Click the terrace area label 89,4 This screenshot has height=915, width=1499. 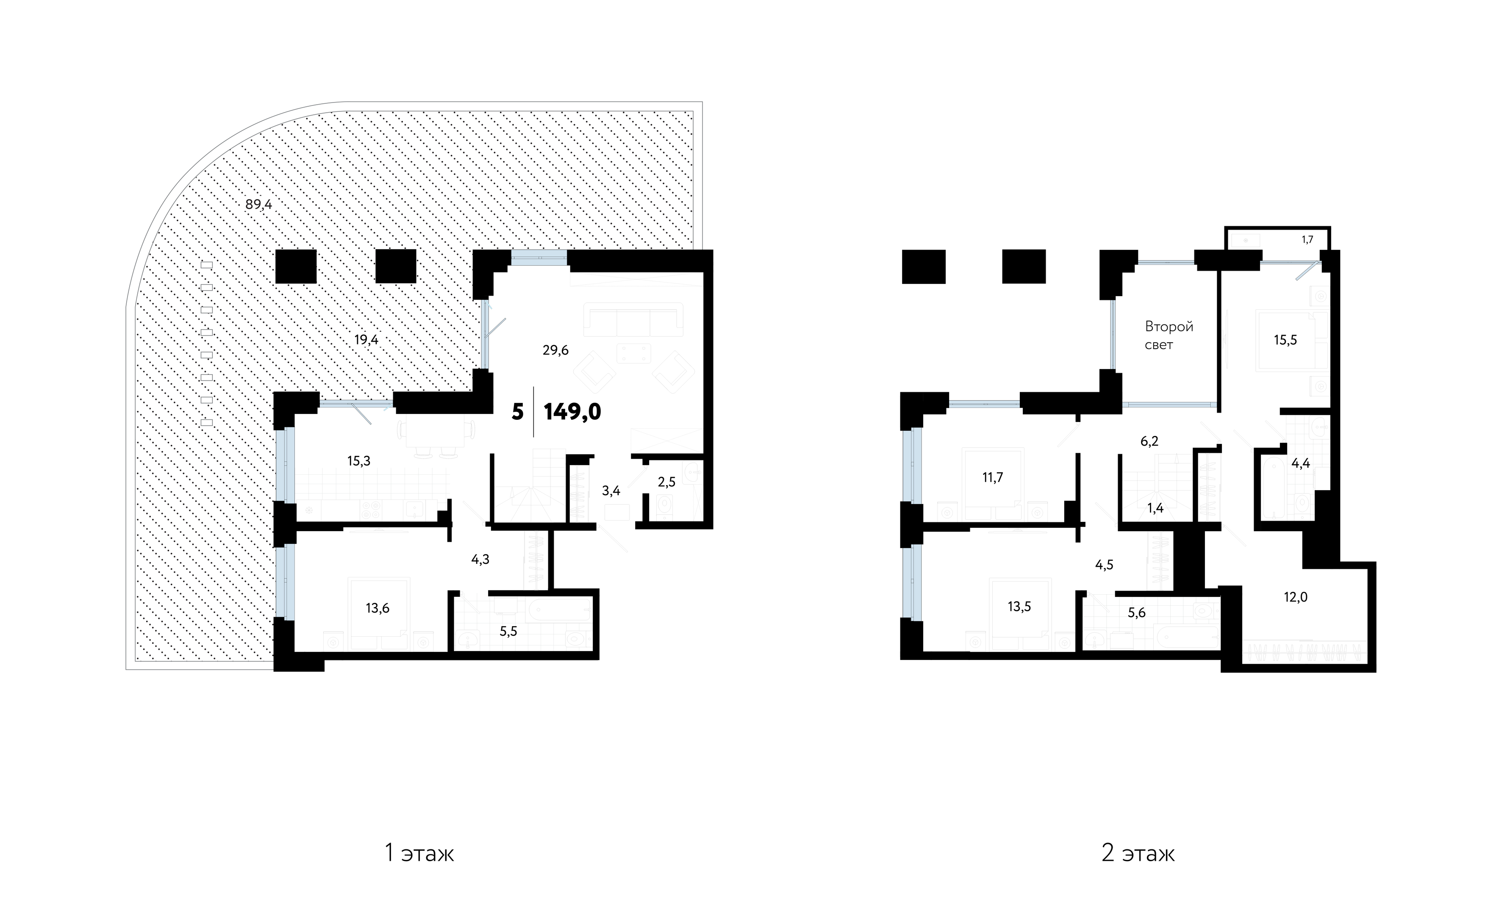click(x=258, y=205)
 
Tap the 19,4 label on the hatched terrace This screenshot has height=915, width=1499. click(x=366, y=339)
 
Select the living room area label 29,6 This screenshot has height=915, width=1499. click(x=555, y=350)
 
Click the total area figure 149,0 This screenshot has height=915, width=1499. click(x=572, y=412)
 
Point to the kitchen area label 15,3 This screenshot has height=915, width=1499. click(x=359, y=461)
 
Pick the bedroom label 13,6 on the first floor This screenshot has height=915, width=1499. click(x=377, y=608)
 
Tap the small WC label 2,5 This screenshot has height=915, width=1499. click(x=667, y=482)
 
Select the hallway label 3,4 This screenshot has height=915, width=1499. click(x=611, y=491)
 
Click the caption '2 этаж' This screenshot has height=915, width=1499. click(x=1138, y=854)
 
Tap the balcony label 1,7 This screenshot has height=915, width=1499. click(x=1307, y=240)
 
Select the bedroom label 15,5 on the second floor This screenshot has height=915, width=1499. click(x=1285, y=340)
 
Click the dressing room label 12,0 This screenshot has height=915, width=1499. click(x=1296, y=597)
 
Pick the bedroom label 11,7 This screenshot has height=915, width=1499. click(x=992, y=477)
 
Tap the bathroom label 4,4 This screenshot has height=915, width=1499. click(x=1301, y=463)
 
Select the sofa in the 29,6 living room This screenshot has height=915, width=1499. click(x=633, y=319)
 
